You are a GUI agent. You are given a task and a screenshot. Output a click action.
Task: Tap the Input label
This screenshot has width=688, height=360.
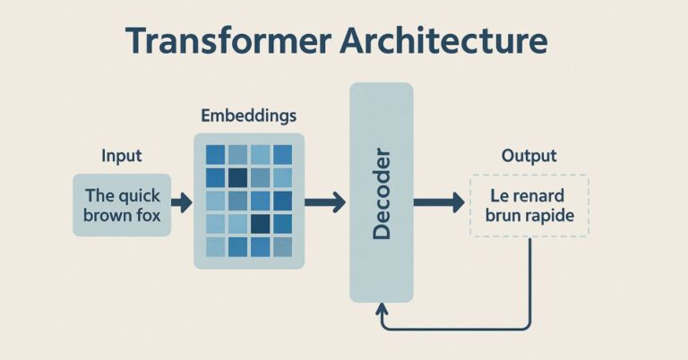point(122,156)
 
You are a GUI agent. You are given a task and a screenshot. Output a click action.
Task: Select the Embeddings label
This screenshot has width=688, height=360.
point(249,116)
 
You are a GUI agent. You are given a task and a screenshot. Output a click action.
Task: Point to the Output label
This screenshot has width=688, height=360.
point(529,156)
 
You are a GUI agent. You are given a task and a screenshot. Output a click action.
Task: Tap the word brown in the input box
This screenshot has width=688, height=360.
point(107,215)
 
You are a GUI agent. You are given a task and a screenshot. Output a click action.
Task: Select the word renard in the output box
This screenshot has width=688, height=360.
point(539,195)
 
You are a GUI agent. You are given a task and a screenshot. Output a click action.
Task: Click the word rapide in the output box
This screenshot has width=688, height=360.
point(550,215)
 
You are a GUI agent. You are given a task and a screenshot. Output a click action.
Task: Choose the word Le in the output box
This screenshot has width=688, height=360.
point(499,195)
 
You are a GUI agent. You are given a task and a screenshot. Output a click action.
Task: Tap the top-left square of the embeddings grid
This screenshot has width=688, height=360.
point(215,154)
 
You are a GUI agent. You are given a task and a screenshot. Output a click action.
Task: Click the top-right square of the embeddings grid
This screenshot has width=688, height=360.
point(283,154)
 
